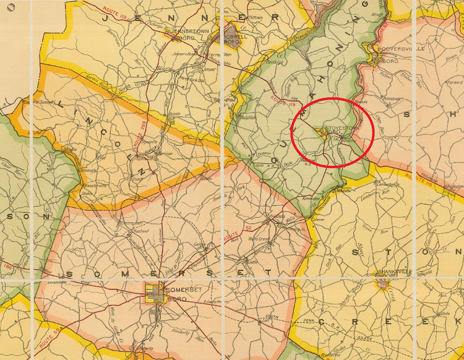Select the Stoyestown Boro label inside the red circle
coord(339,128)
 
